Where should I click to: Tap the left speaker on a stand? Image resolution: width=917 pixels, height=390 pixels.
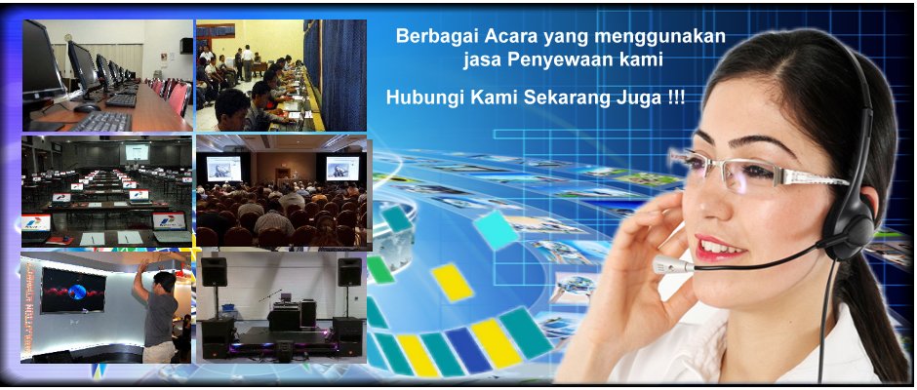tap(214, 272)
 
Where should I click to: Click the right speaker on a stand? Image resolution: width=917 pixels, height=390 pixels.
tap(349, 272)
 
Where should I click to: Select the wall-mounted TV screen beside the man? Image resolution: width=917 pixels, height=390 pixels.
tap(73, 290)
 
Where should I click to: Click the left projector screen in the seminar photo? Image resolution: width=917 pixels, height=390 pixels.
tap(223, 168)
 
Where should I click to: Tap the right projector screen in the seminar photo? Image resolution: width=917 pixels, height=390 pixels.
tap(342, 168)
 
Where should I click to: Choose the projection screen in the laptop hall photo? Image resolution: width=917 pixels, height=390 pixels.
tap(137, 153)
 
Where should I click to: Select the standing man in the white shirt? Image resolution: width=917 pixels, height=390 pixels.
tap(248, 62)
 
